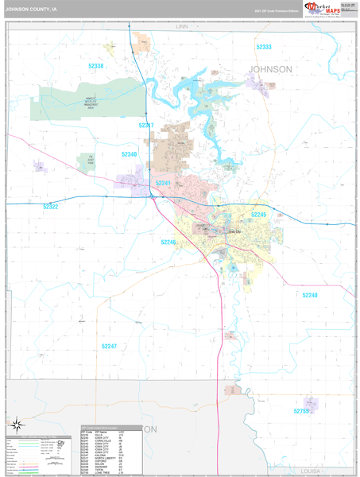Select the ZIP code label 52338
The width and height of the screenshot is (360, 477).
click(96, 66)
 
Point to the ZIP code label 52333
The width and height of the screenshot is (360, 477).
click(264, 47)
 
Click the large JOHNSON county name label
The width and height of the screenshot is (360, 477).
click(270, 69)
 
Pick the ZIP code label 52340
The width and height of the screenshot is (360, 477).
click(130, 154)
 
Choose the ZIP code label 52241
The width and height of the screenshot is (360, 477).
click(163, 183)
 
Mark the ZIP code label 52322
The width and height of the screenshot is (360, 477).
click(51, 207)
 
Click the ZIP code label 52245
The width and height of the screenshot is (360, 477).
click(259, 215)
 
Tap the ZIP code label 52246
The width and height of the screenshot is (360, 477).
click(168, 242)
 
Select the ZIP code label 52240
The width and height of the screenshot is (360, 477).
click(310, 295)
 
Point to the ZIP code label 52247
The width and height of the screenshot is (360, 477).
click(109, 347)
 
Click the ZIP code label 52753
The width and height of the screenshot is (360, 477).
click(301, 411)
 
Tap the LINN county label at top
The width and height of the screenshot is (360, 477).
click(181, 26)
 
